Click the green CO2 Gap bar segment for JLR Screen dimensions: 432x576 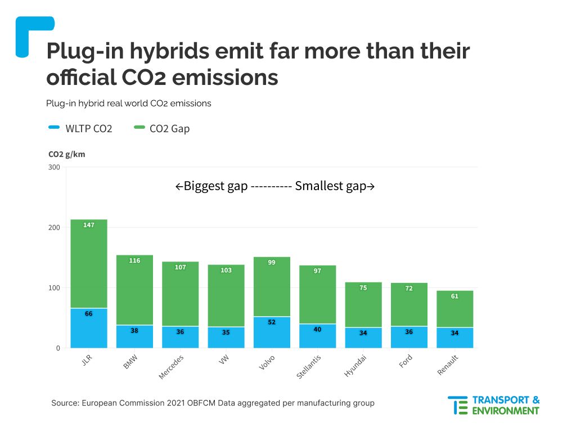tap(89, 264)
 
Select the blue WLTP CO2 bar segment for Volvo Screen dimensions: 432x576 tap(272, 335)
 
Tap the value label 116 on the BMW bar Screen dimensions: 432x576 tap(135, 260)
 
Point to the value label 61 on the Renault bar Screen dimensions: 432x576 tap(455, 296)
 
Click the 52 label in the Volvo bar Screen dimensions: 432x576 tap(272, 322)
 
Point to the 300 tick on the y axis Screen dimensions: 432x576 tap(54, 167)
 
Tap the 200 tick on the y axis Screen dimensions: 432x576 tap(54, 227)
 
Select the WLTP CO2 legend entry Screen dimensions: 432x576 tap(80, 129)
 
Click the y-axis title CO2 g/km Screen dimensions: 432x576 tap(67, 154)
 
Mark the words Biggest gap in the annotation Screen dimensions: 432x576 tap(215, 186)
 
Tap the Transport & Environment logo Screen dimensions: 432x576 tap(493, 405)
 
